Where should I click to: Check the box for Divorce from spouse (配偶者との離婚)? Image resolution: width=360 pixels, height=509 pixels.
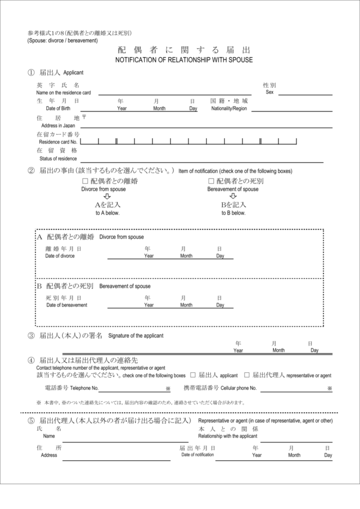pyautogui.click(x=85, y=181)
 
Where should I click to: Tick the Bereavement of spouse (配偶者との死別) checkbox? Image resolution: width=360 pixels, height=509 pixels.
pyautogui.click(x=211, y=181)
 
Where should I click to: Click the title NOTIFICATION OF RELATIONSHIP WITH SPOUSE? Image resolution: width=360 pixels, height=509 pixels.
pyautogui.click(x=184, y=60)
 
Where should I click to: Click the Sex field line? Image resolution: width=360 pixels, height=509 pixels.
pyautogui.click(x=305, y=93)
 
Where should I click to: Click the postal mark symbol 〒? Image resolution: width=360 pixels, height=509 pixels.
pyautogui.click(x=84, y=117)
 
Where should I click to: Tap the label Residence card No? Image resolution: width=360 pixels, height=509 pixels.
pyautogui.click(x=58, y=142)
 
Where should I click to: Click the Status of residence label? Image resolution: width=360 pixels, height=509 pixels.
pyautogui.click(x=58, y=159)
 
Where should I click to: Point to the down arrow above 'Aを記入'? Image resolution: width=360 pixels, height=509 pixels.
pyautogui.click(x=107, y=196)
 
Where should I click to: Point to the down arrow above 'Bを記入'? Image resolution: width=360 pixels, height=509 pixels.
pyautogui.click(x=233, y=196)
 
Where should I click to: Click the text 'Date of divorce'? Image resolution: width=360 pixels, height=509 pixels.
pyautogui.click(x=60, y=256)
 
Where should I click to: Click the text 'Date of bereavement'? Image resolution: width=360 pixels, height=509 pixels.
pyautogui.click(x=67, y=305)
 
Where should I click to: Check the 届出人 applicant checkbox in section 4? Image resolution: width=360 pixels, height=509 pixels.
pyautogui.click(x=193, y=375)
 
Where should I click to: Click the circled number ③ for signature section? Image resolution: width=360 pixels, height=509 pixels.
pyautogui.click(x=31, y=336)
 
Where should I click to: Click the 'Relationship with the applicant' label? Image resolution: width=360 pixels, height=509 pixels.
pyautogui.click(x=228, y=436)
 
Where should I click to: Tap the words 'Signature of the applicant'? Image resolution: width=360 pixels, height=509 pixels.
pyautogui.click(x=136, y=336)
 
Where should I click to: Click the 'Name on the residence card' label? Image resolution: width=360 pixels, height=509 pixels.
pyautogui.click(x=64, y=93)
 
